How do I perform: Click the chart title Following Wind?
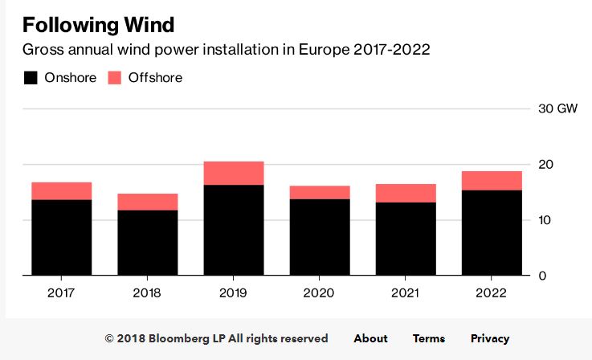pyautogui.click(x=98, y=25)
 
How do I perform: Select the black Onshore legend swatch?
pyautogui.click(x=31, y=78)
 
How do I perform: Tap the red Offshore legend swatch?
pyautogui.click(x=114, y=78)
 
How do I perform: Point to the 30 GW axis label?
pyautogui.click(x=557, y=108)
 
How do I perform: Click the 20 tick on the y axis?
pyautogui.click(x=545, y=165)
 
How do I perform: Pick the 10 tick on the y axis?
pyautogui.click(x=545, y=220)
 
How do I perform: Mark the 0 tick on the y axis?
pyautogui.click(x=542, y=276)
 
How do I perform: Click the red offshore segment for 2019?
pyautogui.click(x=234, y=174)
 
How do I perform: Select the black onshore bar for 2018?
pyautogui.click(x=148, y=243)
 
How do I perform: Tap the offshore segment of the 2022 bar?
pyautogui.click(x=492, y=181)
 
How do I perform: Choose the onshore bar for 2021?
pyautogui.click(x=406, y=239)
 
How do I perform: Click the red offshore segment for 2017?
pyautogui.click(x=62, y=191)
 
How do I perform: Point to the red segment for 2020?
pyautogui.click(x=320, y=193)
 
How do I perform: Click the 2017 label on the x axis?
pyautogui.click(x=61, y=293)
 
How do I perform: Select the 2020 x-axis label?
pyautogui.click(x=319, y=293)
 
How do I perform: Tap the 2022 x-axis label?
pyautogui.click(x=491, y=293)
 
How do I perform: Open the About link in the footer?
pyautogui.click(x=371, y=338)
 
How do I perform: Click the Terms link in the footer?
pyautogui.click(x=429, y=338)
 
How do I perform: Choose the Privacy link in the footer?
pyautogui.click(x=490, y=339)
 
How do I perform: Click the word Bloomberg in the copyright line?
pyautogui.click(x=179, y=339)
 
